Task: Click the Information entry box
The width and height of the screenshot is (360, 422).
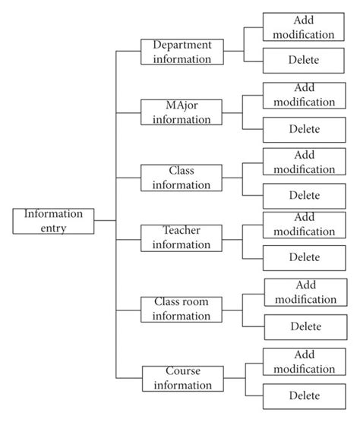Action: pos(53,220)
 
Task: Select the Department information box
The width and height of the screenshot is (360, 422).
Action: pos(182,52)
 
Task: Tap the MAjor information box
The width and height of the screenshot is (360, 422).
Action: pos(182,111)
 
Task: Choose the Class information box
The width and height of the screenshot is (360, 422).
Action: pos(182,178)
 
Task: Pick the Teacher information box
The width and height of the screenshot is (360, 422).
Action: pos(182,237)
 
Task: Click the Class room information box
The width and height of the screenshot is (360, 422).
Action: pos(182,309)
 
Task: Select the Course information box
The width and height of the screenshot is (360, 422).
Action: pos(182,378)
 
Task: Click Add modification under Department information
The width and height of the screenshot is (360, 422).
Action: pos(304,27)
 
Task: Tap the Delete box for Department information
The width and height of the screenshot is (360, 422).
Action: pos(304,60)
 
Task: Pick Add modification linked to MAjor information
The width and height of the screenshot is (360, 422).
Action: pos(304,95)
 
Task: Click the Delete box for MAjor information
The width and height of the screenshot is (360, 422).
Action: pos(304,128)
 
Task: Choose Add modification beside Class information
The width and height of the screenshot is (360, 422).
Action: pos(304,162)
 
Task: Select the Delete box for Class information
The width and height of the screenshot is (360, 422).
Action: pos(304,195)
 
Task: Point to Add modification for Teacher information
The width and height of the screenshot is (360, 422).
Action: pos(304,224)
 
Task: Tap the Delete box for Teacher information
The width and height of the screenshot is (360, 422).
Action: pos(304,257)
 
